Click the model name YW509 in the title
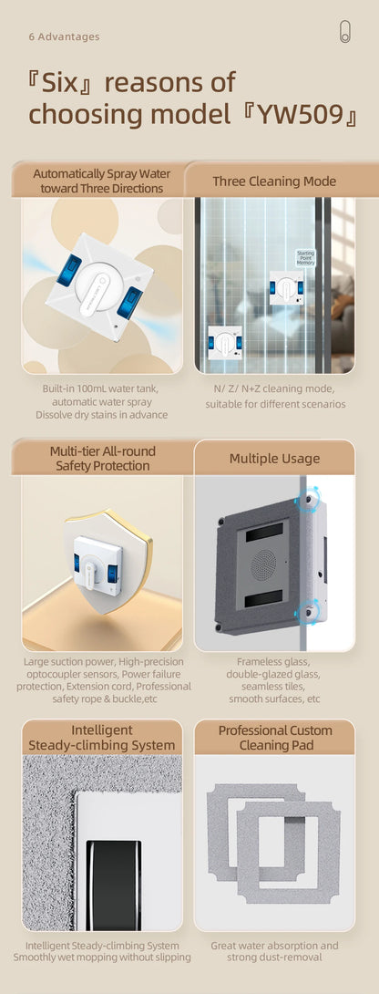point(302,115)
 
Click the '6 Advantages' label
point(64,36)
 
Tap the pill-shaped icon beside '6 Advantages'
point(344,32)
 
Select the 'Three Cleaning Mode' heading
point(274,181)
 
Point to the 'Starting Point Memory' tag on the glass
point(305,258)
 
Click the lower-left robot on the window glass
point(225,344)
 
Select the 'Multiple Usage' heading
point(274,459)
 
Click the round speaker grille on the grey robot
point(263,564)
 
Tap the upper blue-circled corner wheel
point(309,498)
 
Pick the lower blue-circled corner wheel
point(309,611)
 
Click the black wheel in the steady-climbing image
point(114,885)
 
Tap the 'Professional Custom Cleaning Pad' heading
point(274,737)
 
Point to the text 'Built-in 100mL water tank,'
point(101,388)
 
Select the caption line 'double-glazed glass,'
point(274,673)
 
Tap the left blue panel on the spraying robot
point(69,269)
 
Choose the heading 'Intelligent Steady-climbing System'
point(102,737)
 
